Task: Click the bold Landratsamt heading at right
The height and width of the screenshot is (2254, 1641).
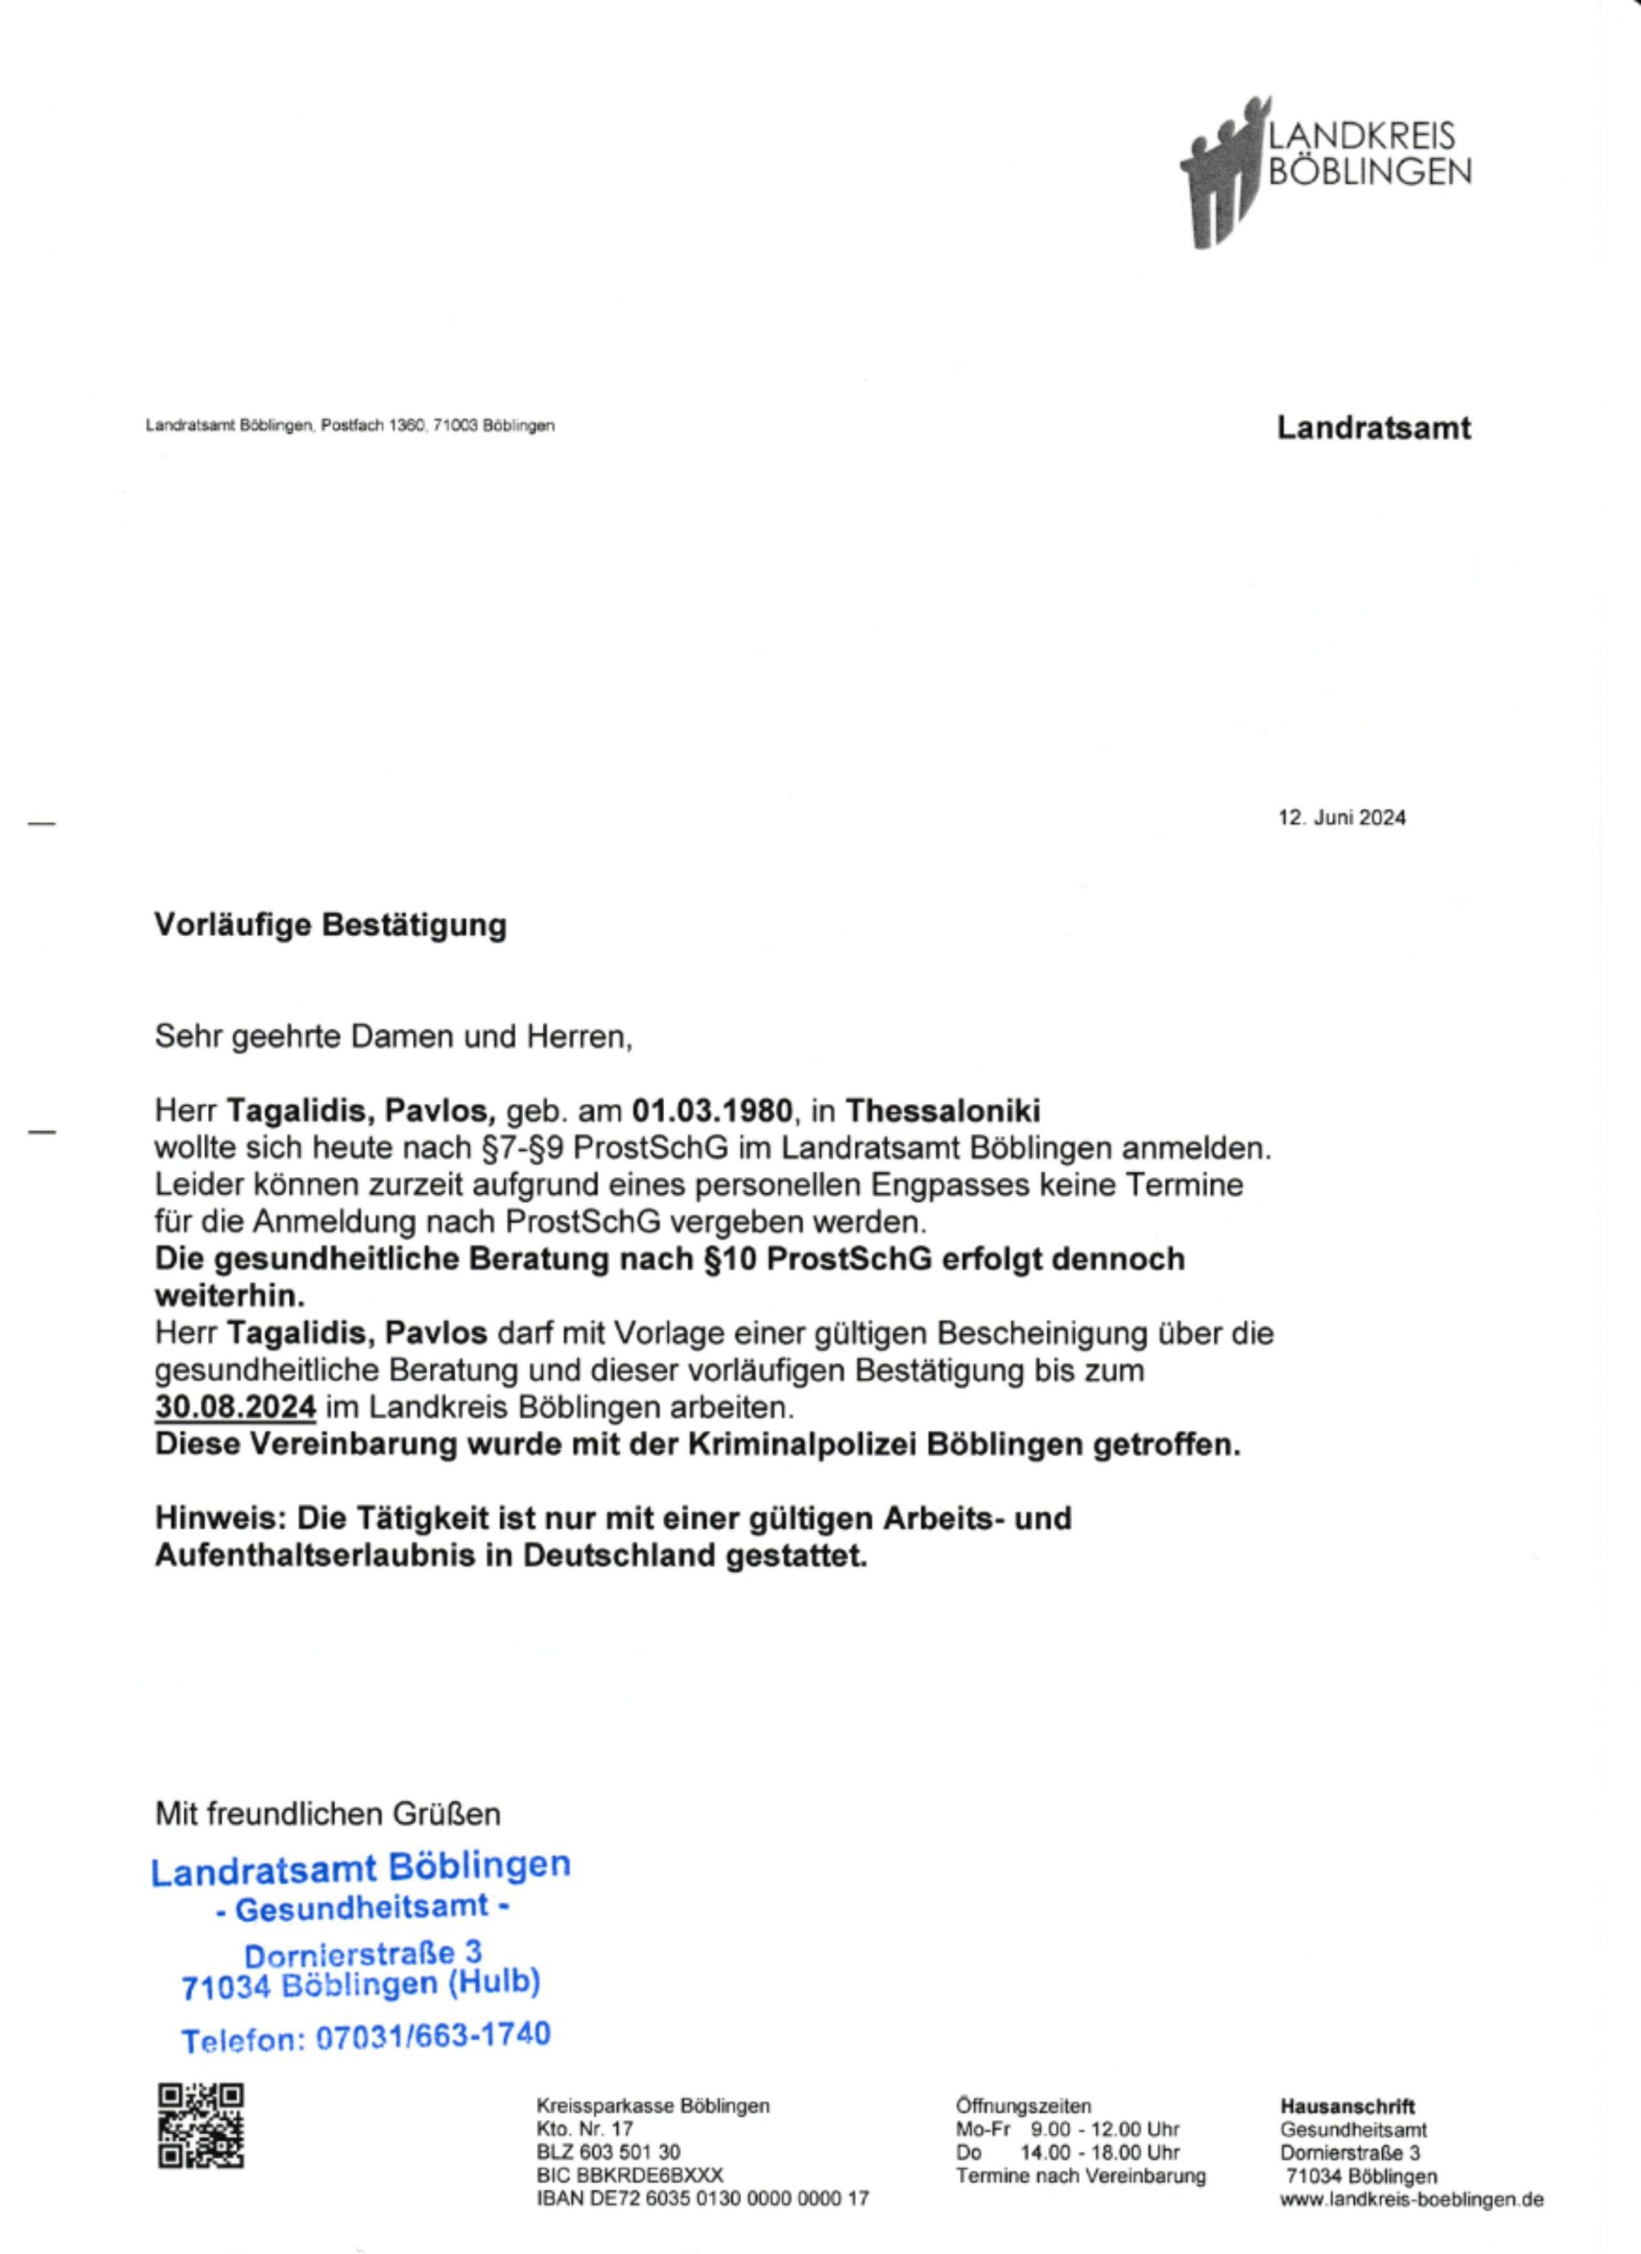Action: click(x=1372, y=428)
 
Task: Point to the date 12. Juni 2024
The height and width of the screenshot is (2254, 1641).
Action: click(x=1341, y=818)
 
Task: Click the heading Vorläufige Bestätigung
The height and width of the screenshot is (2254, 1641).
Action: click(x=330, y=925)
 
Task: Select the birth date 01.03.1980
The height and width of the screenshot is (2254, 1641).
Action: click(x=713, y=1110)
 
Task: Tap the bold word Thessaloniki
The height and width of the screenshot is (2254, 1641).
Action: click(x=942, y=1110)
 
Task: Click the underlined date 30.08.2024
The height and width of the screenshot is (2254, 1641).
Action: click(x=235, y=1407)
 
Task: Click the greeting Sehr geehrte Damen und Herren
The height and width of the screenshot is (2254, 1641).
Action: click(x=394, y=1036)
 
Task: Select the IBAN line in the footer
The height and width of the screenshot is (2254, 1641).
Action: click(x=703, y=2199)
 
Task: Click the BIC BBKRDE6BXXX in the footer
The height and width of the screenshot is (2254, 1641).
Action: click(x=629, y=2176)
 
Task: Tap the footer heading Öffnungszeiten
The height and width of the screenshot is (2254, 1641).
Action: click(x=1023, y=2105)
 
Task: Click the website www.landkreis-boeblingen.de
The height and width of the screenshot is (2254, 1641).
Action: click(x=1411, y=2199)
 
